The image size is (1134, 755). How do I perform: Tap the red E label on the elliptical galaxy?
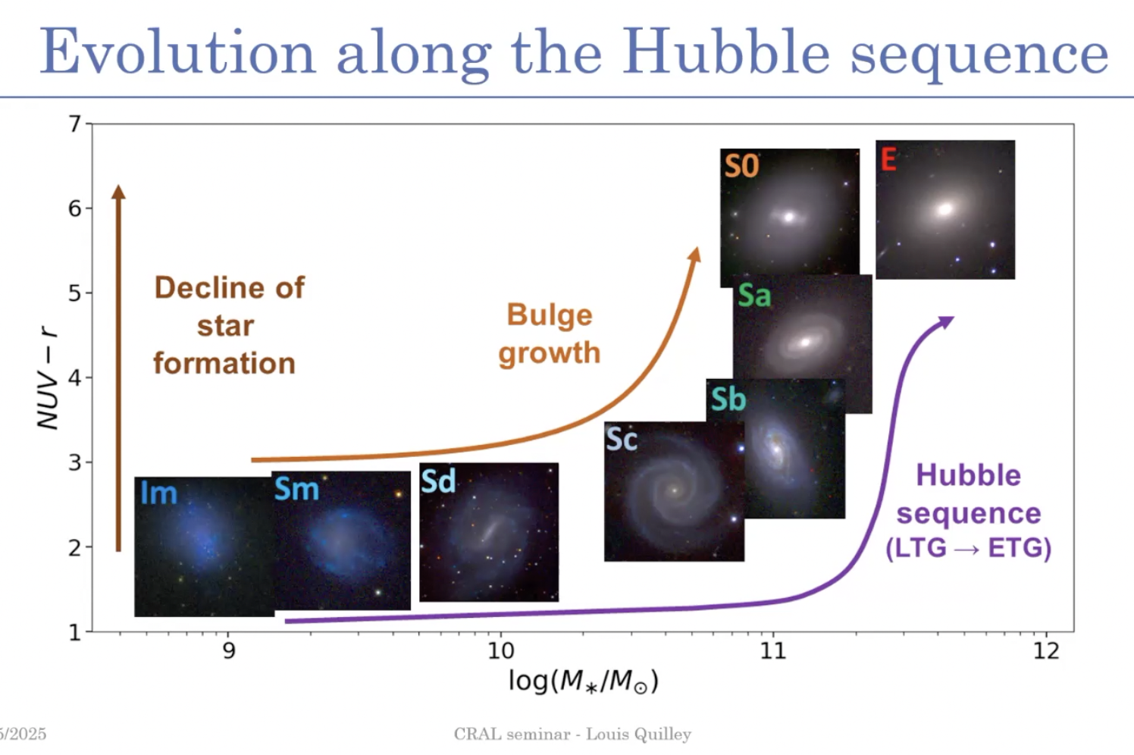click(888, 159)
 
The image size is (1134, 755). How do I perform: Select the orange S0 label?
click(741, 165)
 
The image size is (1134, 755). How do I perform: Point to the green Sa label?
click(754, 295)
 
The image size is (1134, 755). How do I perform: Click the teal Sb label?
click(728, 399)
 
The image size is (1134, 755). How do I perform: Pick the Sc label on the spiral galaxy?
click(622, 439)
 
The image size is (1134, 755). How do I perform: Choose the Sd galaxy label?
click(438, 481)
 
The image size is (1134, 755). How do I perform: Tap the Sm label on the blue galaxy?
click(296, 489)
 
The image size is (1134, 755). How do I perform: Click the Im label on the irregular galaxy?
click(158, 492)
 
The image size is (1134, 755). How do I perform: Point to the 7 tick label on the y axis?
click(75, 124)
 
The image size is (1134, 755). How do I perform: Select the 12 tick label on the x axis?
click(1046, 650)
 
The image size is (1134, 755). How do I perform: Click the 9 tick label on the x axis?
click(229, 650)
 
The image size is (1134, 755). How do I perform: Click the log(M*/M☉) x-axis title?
click(583, 681)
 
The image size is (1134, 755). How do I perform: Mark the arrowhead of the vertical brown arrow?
click(118, 192)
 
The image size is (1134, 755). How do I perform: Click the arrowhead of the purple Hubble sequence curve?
click(946, 322)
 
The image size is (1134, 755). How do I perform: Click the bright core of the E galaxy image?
click(944, 208)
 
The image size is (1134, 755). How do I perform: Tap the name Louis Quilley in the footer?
click(638, 735)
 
